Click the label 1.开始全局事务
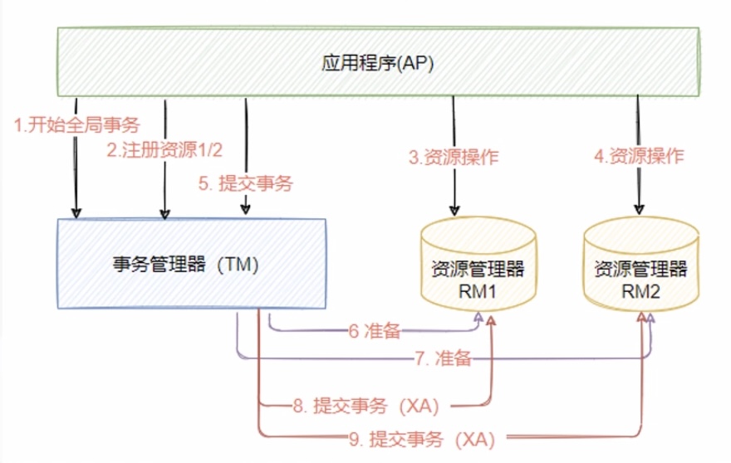tap(77, 126)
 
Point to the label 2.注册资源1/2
tap(165, 150)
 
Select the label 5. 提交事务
tap(244, 183)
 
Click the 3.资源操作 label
tap(454, 157)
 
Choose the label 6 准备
tap(375, 331)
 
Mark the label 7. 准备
tap(443, 358)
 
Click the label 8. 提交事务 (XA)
tap(364, 406)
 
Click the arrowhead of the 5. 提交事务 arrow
tap(246, 212)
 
